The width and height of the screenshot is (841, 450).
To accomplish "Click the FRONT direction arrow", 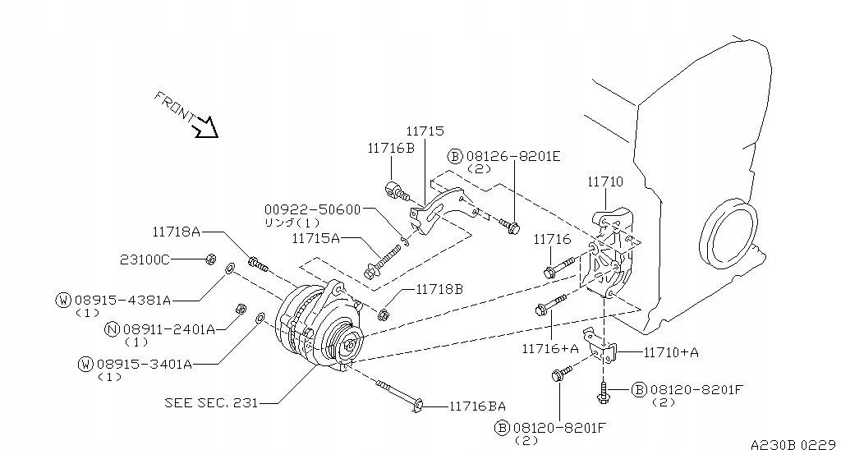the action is coord(206,127).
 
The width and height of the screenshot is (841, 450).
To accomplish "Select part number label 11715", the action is coord(425,131).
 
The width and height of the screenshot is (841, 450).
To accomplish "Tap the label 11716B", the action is coord(391,148).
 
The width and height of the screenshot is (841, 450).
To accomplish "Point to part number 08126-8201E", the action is coord(512,156).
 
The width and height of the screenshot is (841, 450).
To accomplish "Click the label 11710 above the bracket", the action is coord(605,181).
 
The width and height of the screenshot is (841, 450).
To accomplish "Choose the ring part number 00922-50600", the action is coord(312,209).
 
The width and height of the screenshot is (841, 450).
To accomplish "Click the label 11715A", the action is coord(316,237).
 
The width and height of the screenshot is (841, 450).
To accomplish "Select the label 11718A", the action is coord(177,232).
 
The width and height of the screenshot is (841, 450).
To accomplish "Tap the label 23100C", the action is coord(145,260).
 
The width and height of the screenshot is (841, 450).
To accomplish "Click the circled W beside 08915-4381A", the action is coord(63,300).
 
